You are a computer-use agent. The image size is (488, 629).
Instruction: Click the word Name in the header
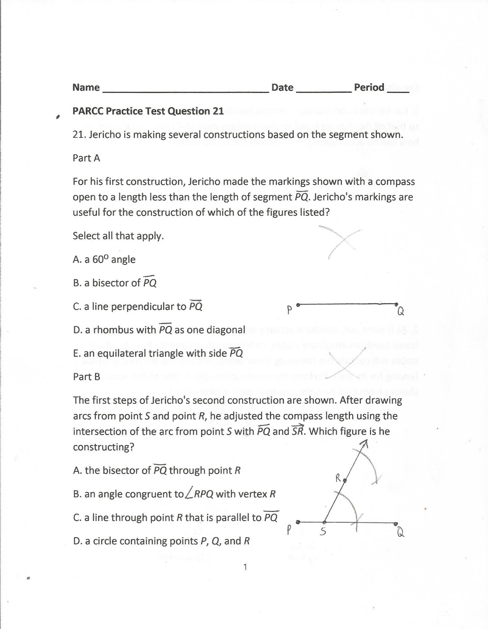tap(86, 87)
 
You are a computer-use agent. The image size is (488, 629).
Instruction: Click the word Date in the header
tap(282, 87)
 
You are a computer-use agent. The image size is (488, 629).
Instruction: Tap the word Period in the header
tap(369, 87)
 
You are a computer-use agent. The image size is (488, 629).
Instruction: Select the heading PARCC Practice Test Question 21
tap(148, 111)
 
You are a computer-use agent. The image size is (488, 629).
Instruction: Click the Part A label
tap(86, 158)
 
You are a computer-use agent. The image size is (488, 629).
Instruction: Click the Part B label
tap(87, 377)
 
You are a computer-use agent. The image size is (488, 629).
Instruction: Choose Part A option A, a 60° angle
tap(104, 259)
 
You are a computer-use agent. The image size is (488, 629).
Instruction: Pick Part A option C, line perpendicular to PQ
tap(138, 307)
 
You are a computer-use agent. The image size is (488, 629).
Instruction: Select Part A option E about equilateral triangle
tap(158, 353)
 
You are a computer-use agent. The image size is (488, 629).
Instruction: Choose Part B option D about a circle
tap(161, 541)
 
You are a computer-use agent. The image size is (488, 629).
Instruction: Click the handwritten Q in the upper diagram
tap(400, 312)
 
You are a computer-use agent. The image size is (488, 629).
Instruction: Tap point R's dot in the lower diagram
tap(344, 480)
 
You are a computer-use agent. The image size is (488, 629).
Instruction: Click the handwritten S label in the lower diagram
tap(322, 532)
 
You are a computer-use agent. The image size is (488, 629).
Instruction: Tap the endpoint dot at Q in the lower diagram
tap(396, 523)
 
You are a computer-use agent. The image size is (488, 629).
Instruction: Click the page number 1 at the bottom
tap(245, 567)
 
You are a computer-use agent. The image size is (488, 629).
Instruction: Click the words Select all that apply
tap(118, 236)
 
